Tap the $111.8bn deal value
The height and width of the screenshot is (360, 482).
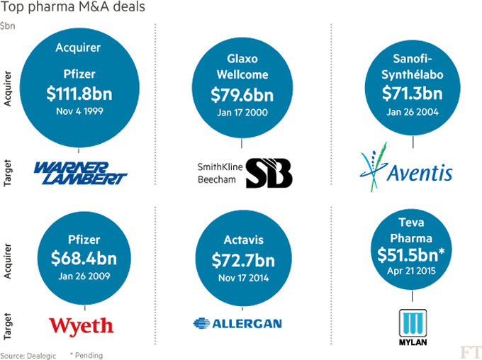tap(79, 95)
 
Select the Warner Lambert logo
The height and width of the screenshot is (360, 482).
tap(80, 172)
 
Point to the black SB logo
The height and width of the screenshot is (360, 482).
tap(269, 173)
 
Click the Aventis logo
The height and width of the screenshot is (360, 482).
tap(405, 168)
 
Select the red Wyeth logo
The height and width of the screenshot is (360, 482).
tap(81, 325)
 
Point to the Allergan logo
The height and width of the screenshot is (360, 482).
tap(237, 324)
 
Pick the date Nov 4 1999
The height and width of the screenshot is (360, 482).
tap(79, 111)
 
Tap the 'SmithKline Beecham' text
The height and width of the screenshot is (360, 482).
tap(218, 173)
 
